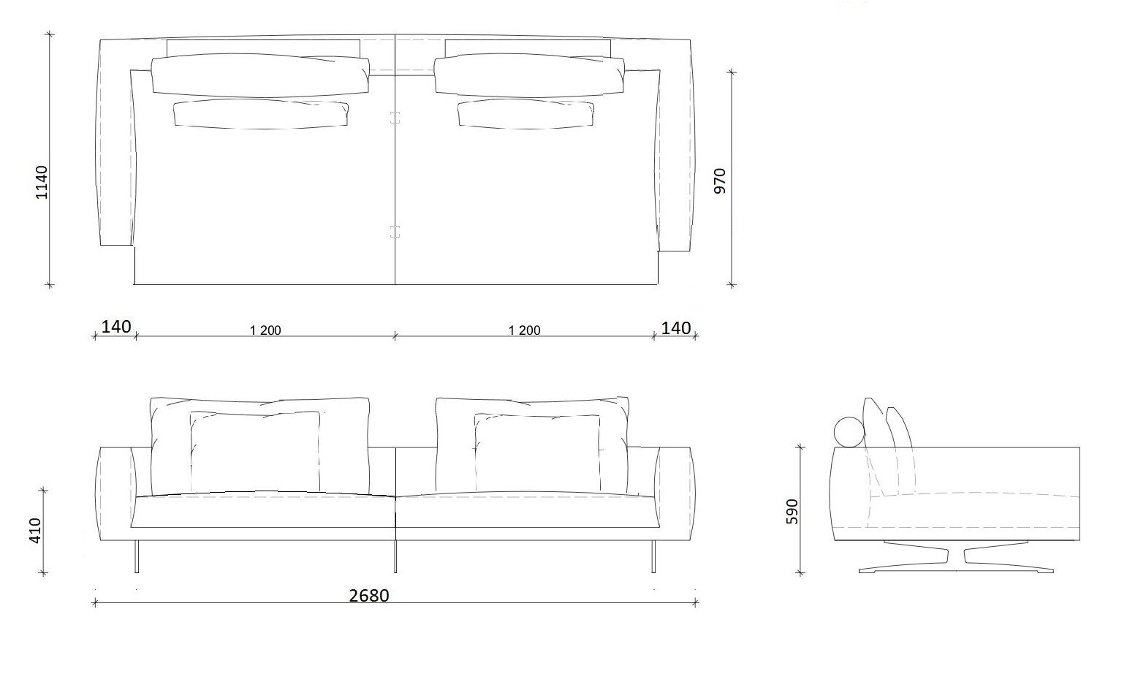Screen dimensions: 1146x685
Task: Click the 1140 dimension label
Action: (x=42, y=182)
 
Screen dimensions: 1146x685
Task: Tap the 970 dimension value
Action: (x=720, y=181)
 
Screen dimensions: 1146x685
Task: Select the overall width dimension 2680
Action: (x=369, y=596)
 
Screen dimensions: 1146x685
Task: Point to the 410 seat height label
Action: (x=35, y=531)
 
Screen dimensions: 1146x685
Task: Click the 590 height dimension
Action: (x=792, y=512)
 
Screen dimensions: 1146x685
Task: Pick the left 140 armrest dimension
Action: (x=116, y=326)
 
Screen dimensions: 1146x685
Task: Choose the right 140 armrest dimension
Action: (x=676, y=328)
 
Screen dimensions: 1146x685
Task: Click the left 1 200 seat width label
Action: (x=265, y=330)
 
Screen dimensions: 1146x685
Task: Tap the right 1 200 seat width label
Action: (x=525, y=330)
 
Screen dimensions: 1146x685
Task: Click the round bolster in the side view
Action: (x=849, y=432)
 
